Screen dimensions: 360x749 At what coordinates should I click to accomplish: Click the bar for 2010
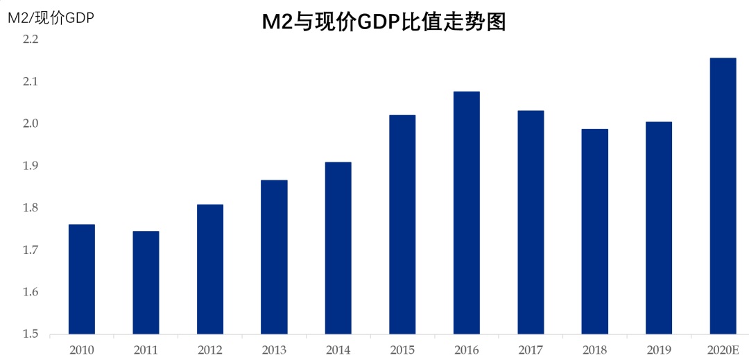click(82, 279)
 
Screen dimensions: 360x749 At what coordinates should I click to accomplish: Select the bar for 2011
click(146, 282)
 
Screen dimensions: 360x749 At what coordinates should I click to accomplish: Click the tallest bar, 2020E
click(723, 196)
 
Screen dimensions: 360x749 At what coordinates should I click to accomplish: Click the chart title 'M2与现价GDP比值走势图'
click(384, 22)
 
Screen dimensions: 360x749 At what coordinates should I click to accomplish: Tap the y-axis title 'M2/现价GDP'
click(51, 18)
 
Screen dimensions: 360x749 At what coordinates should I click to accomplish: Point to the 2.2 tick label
click(30, 40)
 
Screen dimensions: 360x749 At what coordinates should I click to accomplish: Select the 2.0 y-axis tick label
click(30, 123)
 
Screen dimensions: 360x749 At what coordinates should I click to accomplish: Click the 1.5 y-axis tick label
click(30, 334)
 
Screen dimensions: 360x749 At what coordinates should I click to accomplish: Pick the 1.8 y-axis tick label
click(30, 208)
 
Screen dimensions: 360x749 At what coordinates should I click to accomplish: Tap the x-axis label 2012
click(210, 350)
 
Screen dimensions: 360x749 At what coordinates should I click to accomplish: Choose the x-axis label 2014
click(338, 350)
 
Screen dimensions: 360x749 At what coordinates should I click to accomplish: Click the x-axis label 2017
click(531, 350)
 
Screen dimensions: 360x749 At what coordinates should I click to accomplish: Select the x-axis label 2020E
click(723, 350)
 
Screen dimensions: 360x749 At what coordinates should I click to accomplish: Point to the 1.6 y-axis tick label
click(30, 292)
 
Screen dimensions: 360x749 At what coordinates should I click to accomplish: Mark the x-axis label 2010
click(82, 350)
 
